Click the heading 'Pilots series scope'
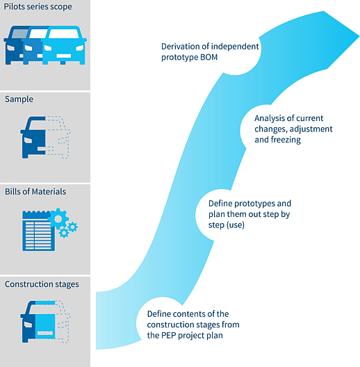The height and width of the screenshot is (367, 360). pos(38,7)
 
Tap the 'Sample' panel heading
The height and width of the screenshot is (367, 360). pos(19,99)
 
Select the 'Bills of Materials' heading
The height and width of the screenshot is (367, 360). pos(35,192)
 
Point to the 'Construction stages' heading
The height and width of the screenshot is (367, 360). pos(42,284)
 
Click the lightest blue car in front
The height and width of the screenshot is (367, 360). pos(64,45)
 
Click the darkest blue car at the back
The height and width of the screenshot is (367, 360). pos(15,45)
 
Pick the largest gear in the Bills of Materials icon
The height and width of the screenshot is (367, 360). pos(58,219)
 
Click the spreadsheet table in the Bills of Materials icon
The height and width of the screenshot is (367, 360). pos(39,231)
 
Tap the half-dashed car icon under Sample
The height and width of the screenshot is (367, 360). pos(45,138)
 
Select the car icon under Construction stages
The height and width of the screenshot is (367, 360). pos(45,322)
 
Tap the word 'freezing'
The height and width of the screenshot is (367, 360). pos(286,140)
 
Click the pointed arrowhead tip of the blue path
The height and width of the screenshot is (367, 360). pos(359,36)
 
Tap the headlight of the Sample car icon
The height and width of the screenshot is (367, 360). pos(28,140)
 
